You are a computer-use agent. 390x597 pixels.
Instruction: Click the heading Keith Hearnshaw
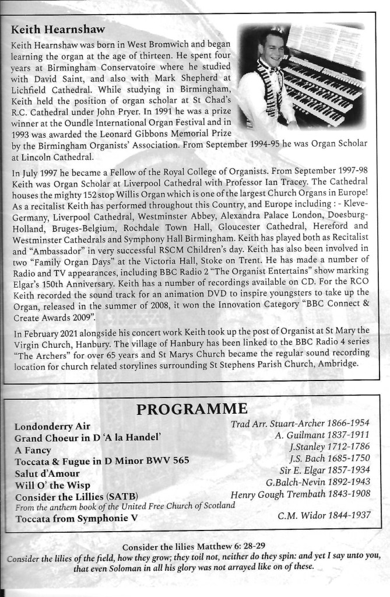[x=55, y=28]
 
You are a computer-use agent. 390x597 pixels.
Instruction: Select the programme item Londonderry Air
[x=52, y=425]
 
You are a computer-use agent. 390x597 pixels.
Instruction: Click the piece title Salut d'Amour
[x=47, y=473]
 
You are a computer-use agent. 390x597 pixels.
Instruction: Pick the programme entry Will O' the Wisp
[x=51, y=484]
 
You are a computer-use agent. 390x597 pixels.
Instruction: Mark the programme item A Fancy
[x=33, y=449]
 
